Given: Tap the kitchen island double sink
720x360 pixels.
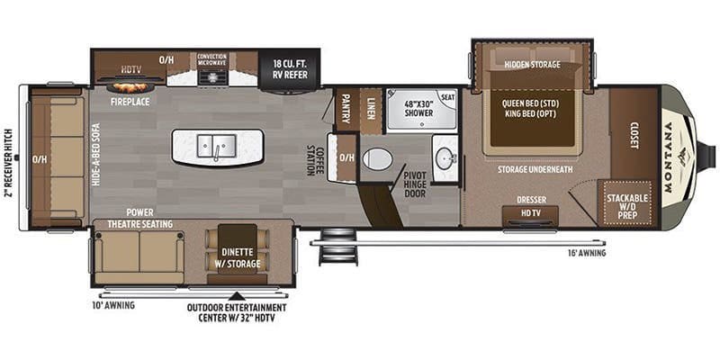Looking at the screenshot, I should (x=218, y=146).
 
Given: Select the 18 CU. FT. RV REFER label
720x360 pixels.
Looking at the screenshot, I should (x=288, y=69).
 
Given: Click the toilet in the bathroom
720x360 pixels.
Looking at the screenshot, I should (x=377, y=160).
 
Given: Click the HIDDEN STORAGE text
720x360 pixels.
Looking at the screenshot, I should (x=532, y=65).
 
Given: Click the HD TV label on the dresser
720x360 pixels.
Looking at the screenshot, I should (x=529, y=214).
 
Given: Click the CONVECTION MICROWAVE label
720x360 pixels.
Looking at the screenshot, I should (x=213, y=61).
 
